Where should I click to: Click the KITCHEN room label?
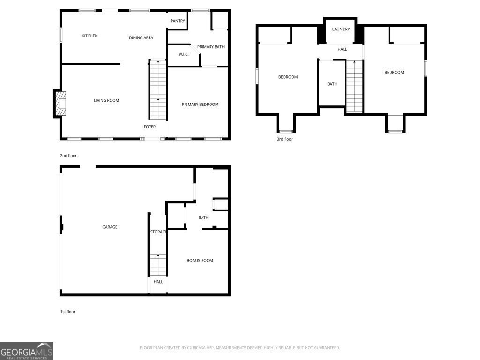click(x=90, y=36)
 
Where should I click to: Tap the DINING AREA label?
click(x=141, y=37)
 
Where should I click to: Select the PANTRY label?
click(x=178, y=21)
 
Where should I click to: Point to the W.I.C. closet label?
click(x=183, y=54)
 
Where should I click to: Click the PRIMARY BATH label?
click(x=210, y=47)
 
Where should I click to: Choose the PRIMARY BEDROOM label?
click(x=200, y=105)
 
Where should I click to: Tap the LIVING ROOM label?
click(x=106, y=100)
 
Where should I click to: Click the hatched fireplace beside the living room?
click(x=60, y=104)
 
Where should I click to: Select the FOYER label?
click(x=150, y=127)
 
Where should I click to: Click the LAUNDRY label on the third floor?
click(x=341, y=29)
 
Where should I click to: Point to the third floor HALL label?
click(x=342, y=49)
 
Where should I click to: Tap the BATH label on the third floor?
click(x=332, y=84)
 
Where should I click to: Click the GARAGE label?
click(x=110, y=227)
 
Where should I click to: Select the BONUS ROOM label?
click(x=200, y=260)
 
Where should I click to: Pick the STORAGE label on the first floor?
click(x=158, y=232)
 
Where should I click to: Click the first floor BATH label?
click(x=203, y=217)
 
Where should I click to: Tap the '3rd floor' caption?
click(x=285, y=139)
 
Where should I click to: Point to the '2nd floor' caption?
click(x=68, y=156)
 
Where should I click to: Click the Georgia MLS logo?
click(x=27, y=351)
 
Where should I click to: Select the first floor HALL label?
click(x=158, y=282)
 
